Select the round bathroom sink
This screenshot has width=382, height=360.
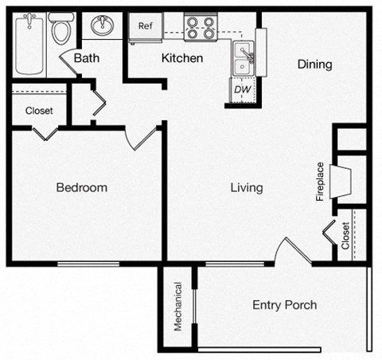[102, 26]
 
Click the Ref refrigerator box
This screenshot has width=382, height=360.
[146, 26]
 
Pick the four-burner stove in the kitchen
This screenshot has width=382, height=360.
[201, 28]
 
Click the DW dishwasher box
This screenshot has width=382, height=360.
[242, 90]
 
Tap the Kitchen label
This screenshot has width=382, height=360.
[182, 58]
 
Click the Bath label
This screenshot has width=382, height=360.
[86, 58]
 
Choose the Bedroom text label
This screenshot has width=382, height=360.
[81, 188]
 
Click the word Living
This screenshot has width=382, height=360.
[247, 188]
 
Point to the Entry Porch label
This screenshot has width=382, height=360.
[284, 304]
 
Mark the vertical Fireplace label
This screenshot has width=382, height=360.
[319, 182]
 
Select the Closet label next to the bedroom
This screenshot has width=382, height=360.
[39, 111]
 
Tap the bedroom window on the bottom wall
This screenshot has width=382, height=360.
[88, 263]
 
